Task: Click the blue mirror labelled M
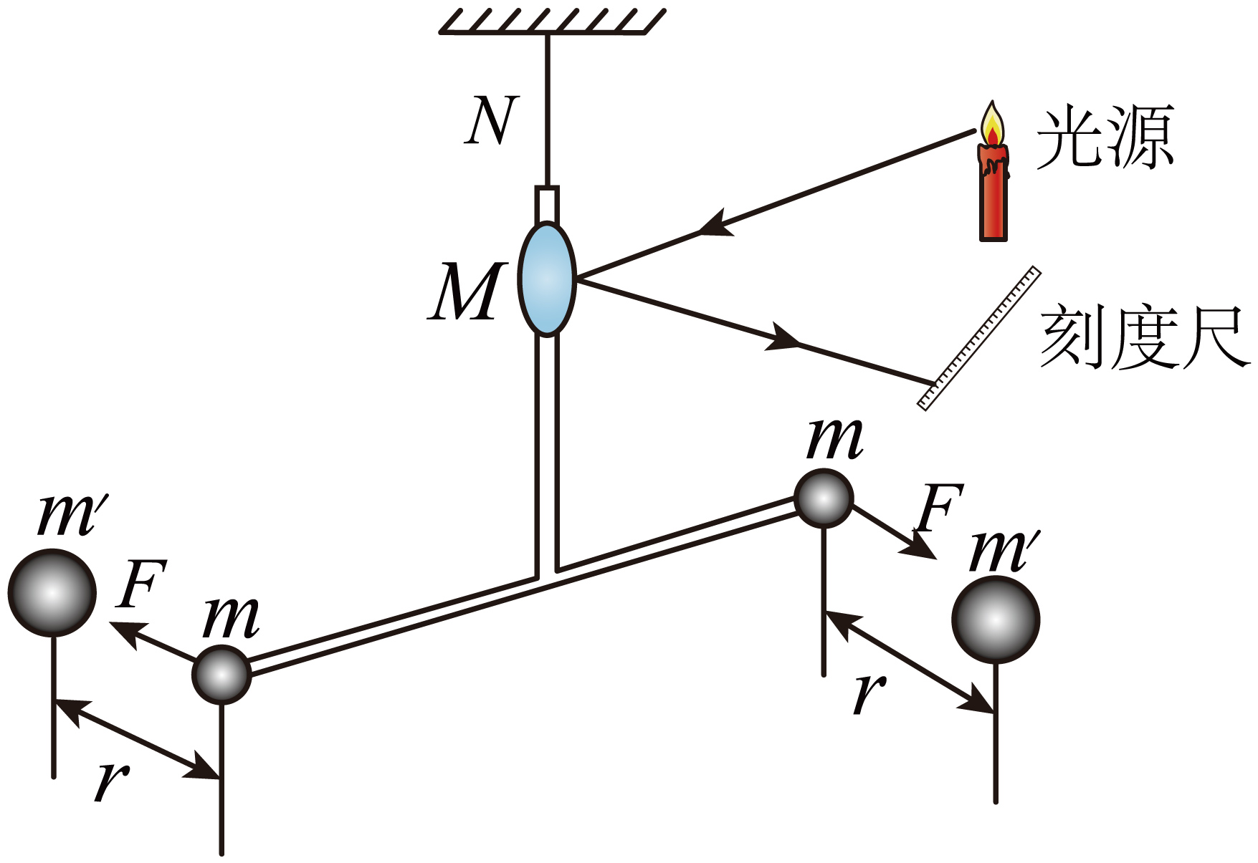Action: click(x=547, y=279)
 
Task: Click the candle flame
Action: click(x=992, y=124)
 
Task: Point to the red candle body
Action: click(x=993, y=192)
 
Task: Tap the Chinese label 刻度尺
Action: click(x=1145, y=338)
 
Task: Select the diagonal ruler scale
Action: click(x=979, y=338)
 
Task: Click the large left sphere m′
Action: click(x=52, y=592)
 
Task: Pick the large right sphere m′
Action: click(x=996, y=619)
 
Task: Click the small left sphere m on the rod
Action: click(x=222, y=674)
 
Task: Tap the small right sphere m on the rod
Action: click(x=824, y=498)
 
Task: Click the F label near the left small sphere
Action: click(x=143, y=583)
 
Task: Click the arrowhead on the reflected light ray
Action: click(x=783, y=337)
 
